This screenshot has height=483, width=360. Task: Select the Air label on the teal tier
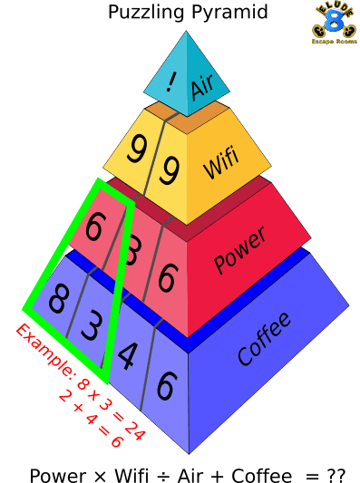[x=203, y=88]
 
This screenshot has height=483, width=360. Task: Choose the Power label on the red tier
[x=239, y=250]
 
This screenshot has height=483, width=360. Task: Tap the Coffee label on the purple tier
[x=264, y=338]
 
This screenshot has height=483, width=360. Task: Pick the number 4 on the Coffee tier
[x=127, y=355]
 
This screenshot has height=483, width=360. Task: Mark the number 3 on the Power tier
[x=131, y=253]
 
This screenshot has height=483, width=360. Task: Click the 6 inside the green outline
[x=94, y=227]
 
